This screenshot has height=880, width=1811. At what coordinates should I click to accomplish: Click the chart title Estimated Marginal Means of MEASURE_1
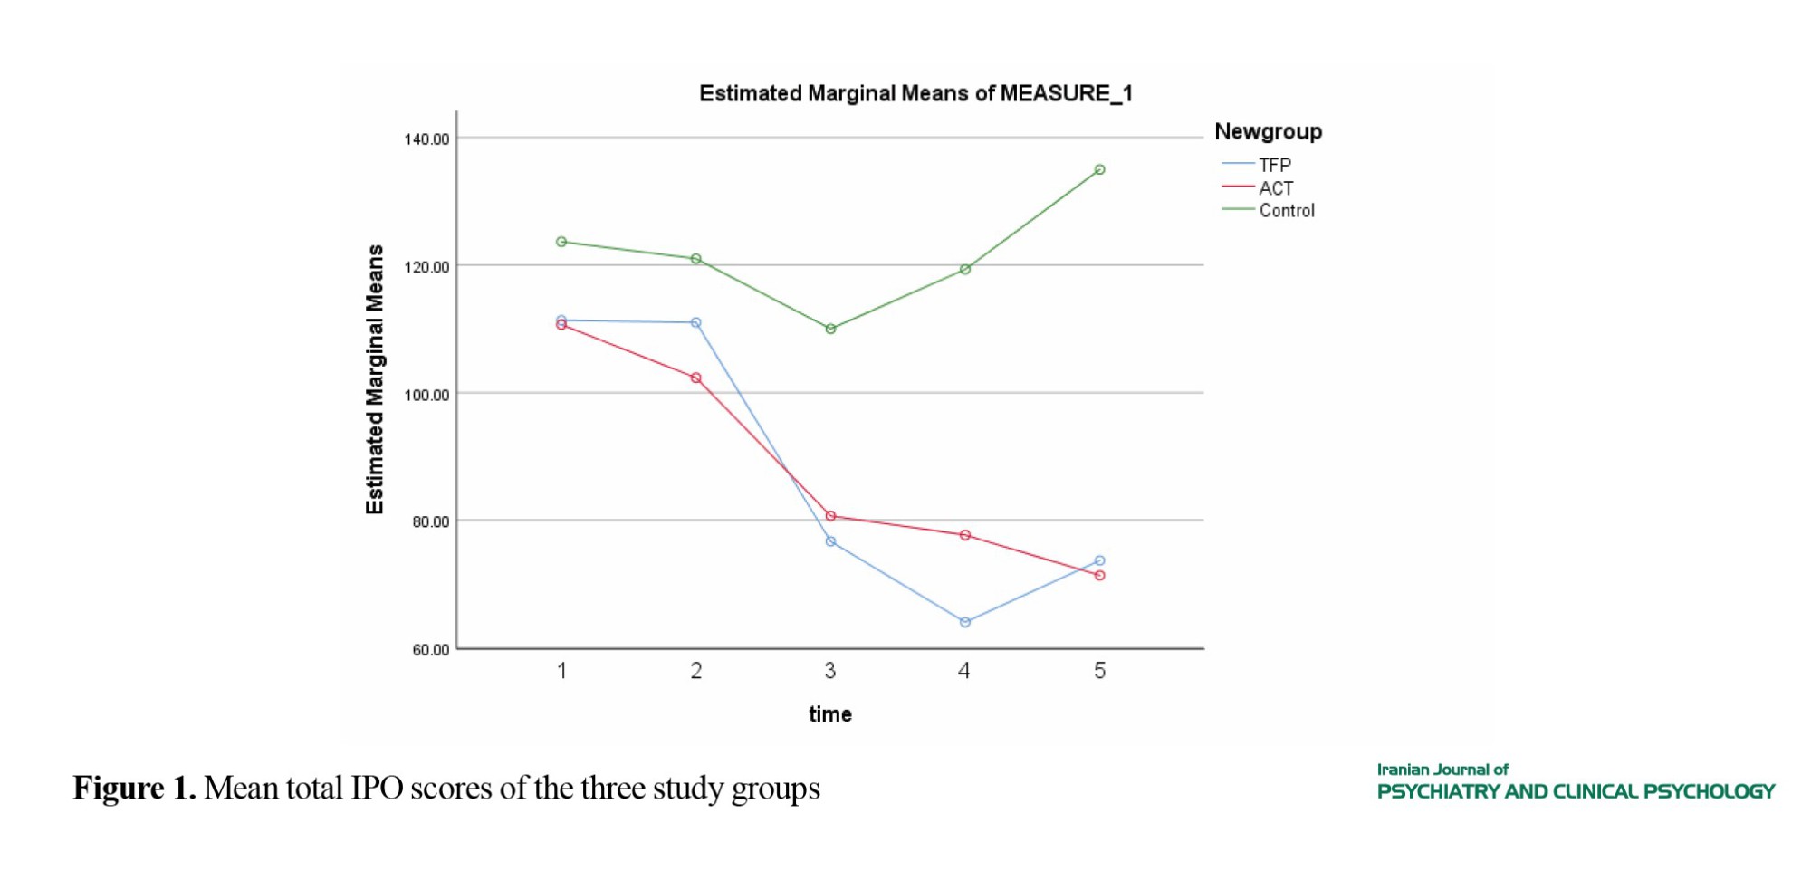click(915, 93)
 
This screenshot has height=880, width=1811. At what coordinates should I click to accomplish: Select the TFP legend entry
click(1274, 165)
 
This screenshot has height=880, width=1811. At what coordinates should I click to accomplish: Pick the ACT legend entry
click(1275, 187)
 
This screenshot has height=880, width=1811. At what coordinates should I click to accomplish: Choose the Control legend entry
click(1286, 210)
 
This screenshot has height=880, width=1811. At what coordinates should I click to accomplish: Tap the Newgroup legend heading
click(1268, 131)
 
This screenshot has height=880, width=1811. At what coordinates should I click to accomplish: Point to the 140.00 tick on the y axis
click(426, 139)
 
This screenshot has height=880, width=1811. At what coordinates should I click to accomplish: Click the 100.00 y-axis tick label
click(426, 395)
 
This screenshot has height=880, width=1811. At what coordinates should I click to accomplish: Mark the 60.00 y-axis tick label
click(430, 649)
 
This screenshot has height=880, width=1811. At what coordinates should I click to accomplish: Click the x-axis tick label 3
click(829, 671)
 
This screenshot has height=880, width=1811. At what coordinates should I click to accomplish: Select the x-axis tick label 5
click(1099, 671)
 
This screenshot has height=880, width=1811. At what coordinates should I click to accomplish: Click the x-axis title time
click(829, 714)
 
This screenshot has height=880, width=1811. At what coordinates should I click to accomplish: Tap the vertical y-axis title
click(375, 379)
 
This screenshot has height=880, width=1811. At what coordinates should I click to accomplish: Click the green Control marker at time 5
click(1099, 169)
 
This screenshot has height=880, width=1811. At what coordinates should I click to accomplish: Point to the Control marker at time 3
click(830, 329)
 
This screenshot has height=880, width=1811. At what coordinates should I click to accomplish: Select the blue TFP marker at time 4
click(965, 622)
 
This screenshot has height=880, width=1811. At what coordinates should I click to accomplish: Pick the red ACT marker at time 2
click(695, 378)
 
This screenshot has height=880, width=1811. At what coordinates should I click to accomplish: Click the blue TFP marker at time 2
click(695, 322)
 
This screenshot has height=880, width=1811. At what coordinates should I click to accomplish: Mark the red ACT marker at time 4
click(965, 535)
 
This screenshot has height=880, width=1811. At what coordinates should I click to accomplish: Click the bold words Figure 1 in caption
click(134, 788)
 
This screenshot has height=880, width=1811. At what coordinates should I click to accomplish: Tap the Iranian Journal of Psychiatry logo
click(1575, 782)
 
